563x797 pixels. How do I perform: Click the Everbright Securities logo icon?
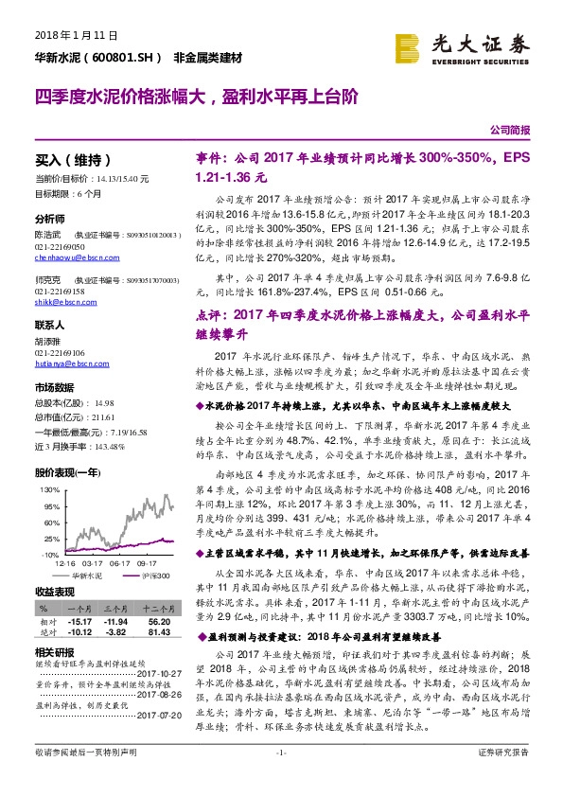tap(409, 48)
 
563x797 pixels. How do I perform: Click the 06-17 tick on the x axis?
tap(121, 560)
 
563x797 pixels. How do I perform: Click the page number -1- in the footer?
tap(281, 778)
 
